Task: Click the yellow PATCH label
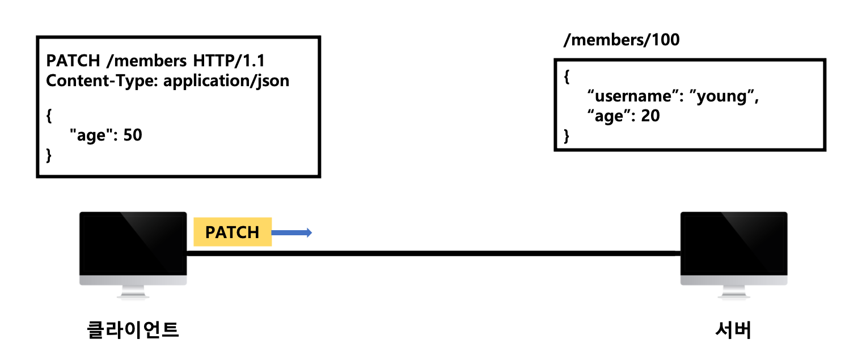point(233,232)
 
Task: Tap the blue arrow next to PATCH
point(292,232)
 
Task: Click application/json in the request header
point(226,81)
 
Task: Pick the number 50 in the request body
point(132,136)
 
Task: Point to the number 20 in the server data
point(650,117)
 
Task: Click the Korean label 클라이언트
point(133,329)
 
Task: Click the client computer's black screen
point(133,244)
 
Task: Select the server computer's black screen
point(734,244)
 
